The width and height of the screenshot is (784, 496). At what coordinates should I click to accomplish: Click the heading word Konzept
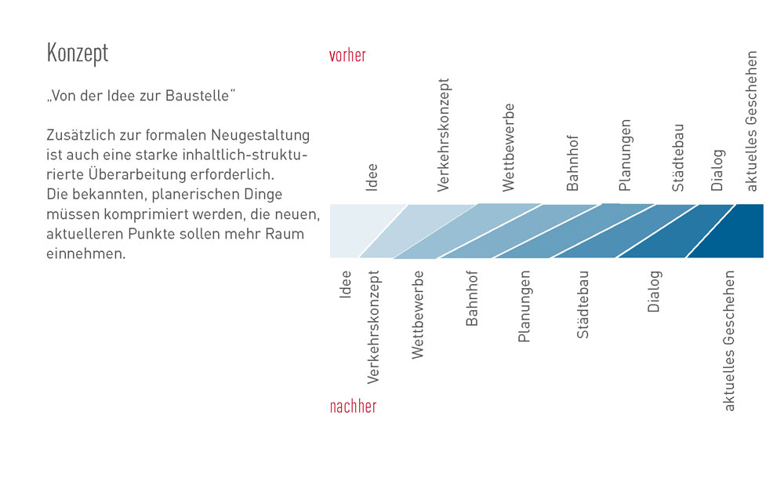78,53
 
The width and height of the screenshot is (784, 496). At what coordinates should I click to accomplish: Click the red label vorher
347,56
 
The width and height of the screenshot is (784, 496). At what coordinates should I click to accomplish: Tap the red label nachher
353,407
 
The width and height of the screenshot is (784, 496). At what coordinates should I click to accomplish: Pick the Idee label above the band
372,177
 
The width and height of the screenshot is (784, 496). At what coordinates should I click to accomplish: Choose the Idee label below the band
345,284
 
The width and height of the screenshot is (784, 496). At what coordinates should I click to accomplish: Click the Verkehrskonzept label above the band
443,135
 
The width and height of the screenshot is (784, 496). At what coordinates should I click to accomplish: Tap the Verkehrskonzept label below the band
373,327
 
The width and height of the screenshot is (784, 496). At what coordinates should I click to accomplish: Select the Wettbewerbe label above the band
508,147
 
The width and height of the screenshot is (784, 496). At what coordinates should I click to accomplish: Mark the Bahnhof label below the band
471,298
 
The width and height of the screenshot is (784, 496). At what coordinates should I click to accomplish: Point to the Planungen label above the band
625,155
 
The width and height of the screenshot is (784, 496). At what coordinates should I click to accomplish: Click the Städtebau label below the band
583,305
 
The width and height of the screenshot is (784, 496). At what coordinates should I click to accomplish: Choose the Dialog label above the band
717,170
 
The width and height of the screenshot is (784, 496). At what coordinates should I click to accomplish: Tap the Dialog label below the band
655,291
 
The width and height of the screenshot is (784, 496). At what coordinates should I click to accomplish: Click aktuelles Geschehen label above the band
751,121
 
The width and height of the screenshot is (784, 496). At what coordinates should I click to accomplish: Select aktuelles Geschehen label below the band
729,341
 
